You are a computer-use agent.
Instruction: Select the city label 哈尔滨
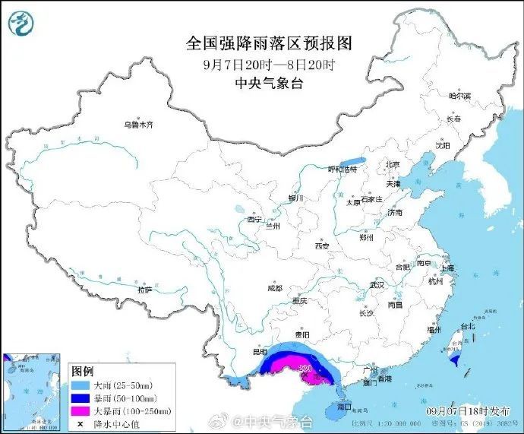(459, 97)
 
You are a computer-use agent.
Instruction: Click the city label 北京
(392, 164)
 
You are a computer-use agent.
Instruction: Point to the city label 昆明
(260, 352)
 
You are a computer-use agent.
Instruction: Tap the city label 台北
(466, 327)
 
